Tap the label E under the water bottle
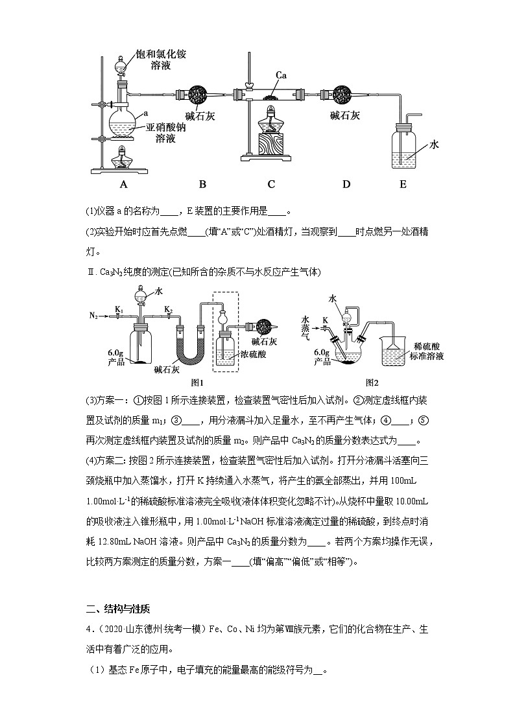click(403, 184)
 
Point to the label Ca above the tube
click(281, 76)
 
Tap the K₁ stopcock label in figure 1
click(119, 309)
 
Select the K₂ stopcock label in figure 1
click(168, 309)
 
